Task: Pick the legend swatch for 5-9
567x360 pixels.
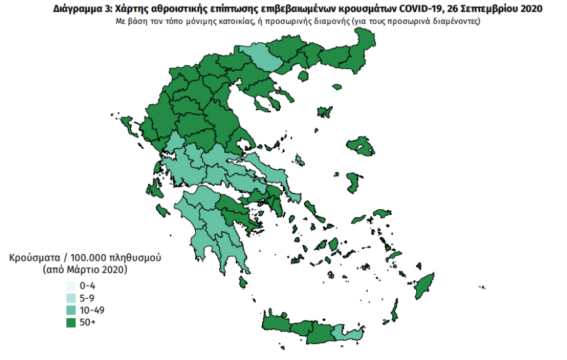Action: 70,298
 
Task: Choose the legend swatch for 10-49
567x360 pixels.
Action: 70,310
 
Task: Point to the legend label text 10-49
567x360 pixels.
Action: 91,310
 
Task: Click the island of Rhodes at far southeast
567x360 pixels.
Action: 425,286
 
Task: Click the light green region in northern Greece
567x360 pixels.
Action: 260,58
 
